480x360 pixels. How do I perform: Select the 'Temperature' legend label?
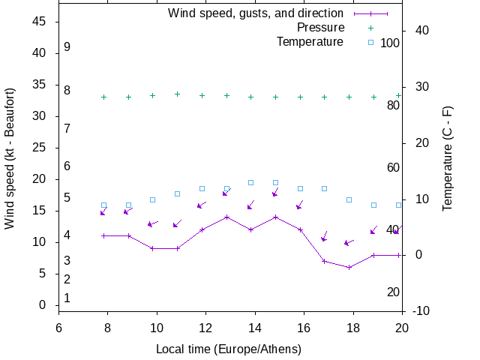[310, 41]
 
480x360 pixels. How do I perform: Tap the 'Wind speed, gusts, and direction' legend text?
[256, 13]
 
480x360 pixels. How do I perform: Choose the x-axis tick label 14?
[255, 328]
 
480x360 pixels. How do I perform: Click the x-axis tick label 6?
[58, 328]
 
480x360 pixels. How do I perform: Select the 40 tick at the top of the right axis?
[421, 31]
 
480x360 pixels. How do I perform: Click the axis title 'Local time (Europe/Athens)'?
[229, 349]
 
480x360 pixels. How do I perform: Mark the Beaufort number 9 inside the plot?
[67, 47]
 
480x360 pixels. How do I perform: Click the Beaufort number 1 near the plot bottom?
[67, 298]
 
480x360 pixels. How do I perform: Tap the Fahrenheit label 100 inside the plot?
[390, 43]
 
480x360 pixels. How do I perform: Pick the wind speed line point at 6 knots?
[349, 267]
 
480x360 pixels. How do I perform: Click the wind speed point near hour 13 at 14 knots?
[226, 217]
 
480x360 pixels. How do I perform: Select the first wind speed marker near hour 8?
[103, 235]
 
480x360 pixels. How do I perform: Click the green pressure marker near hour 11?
[177, 94]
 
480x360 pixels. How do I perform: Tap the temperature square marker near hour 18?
[349, 199]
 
